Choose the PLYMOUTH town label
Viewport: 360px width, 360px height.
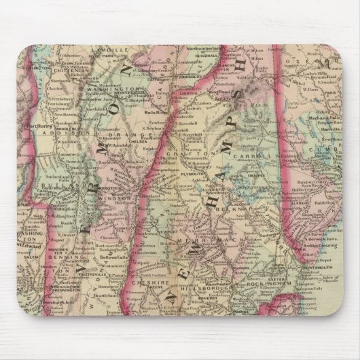(190, 173)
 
